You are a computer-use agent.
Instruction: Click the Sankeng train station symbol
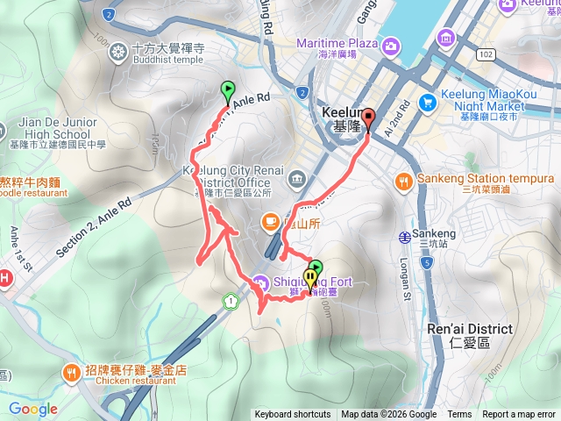405,236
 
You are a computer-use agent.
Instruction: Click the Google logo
33,409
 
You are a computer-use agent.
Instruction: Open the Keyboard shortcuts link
294,415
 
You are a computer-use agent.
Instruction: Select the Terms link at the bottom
459,415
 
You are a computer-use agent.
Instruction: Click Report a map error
519,415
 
